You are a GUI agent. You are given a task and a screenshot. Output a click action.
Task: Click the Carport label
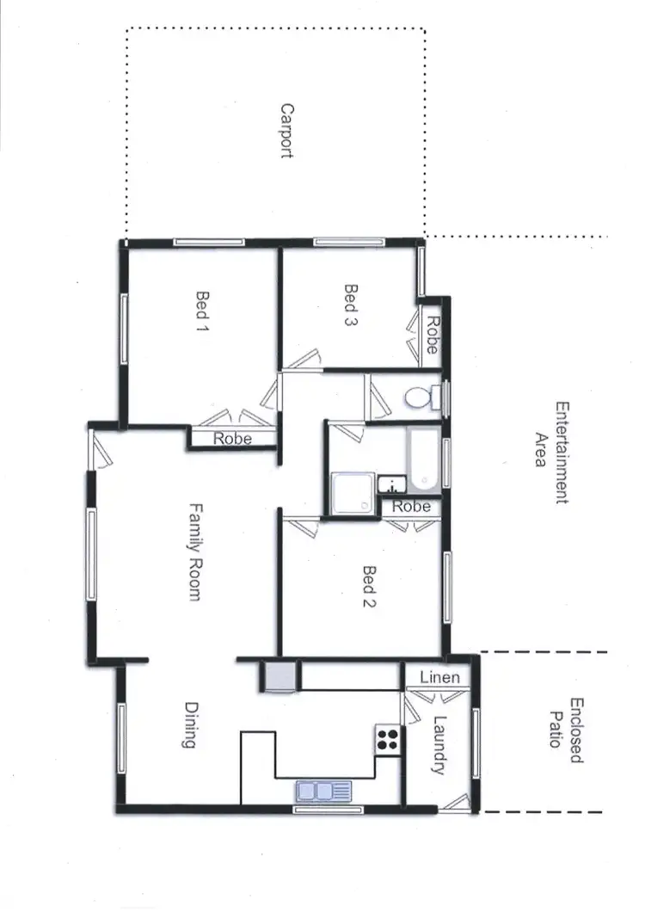coord(287,132)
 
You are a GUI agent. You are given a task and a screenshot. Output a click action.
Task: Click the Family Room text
coord(194,552)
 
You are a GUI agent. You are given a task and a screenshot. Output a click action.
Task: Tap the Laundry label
coord(439,745)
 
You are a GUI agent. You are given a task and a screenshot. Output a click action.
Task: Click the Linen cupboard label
coord(439,678)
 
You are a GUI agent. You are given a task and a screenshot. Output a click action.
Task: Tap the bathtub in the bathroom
coord(423,459)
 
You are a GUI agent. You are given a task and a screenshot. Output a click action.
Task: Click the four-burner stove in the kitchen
coord(388,740)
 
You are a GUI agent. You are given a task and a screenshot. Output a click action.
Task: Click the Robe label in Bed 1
coord(232,438)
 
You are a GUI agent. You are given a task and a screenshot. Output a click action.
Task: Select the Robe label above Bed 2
coord(410,507)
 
